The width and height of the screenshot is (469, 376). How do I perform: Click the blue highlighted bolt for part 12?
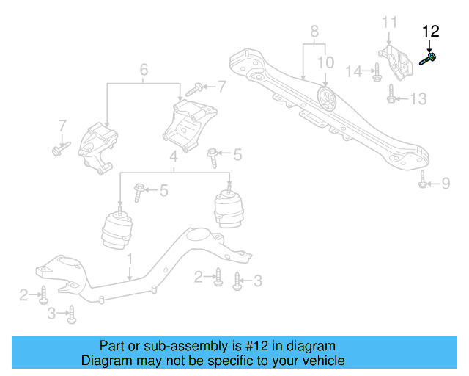429,58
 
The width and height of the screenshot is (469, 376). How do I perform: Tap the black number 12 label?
430,31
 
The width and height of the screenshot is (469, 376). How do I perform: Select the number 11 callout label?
388,22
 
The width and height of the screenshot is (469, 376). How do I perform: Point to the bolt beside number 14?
377,72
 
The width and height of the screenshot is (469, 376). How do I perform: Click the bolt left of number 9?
423,179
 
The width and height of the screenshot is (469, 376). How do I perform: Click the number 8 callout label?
314,32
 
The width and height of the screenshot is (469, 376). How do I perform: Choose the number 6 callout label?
144,70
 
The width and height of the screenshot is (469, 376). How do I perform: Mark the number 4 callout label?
174,157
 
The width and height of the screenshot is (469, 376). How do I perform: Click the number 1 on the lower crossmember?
129,258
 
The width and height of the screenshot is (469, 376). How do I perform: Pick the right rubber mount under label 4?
228,209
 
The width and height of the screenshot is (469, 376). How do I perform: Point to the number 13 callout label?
417,98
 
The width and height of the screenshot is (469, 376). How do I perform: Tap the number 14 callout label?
354,71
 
